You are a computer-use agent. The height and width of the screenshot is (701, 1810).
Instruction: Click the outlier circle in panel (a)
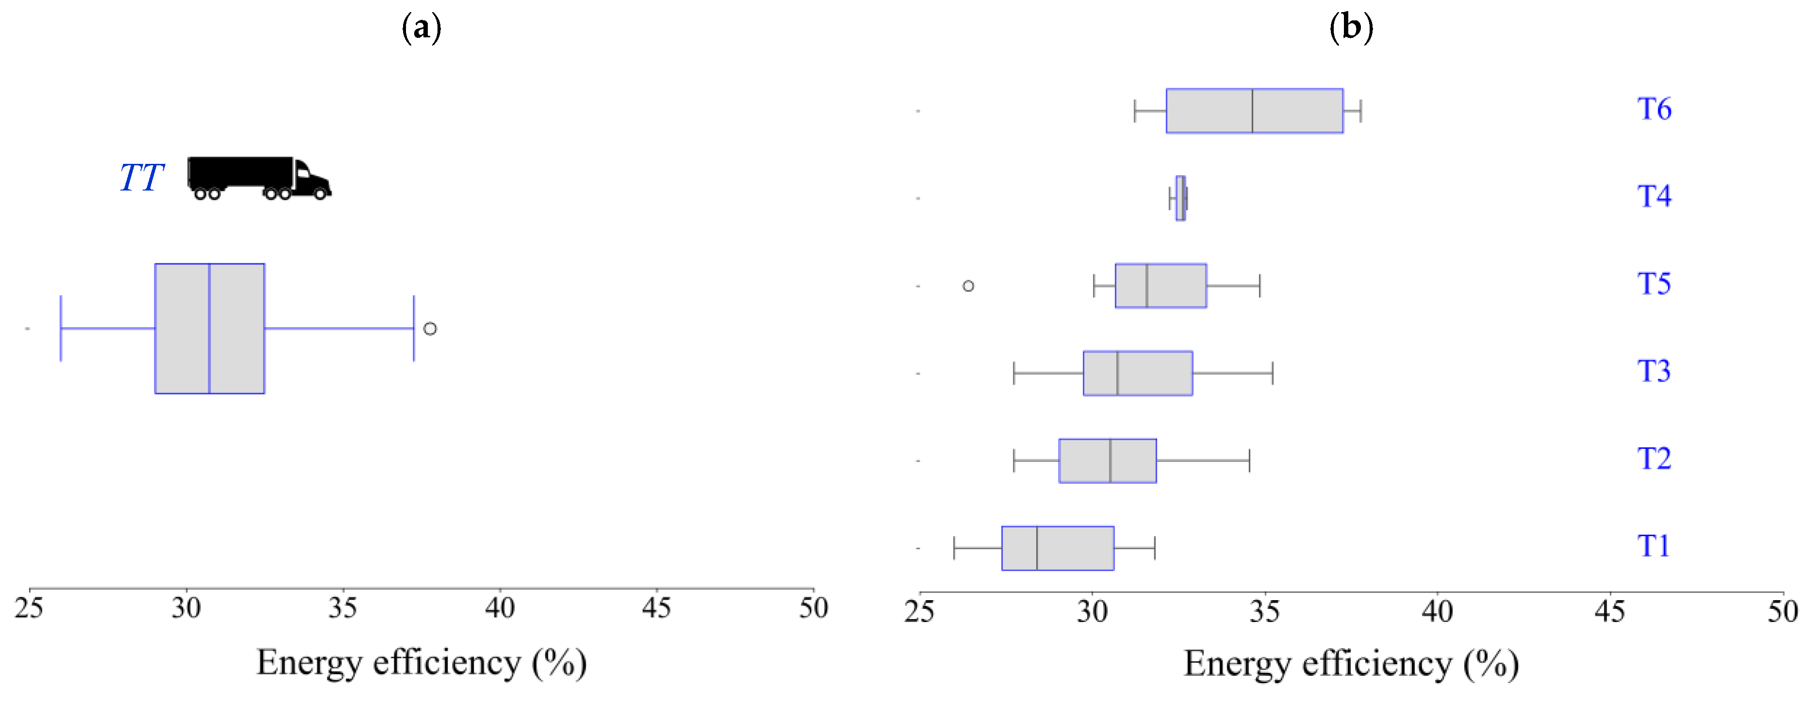tap(430, 328)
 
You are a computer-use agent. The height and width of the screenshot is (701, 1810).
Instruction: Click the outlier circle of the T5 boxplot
tap(968, 286)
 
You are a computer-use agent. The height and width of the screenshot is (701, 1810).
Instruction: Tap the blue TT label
tap(141, 177)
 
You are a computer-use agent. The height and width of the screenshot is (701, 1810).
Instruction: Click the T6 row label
tap(1654, 109)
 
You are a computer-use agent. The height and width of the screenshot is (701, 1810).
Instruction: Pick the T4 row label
tap(1654, 196)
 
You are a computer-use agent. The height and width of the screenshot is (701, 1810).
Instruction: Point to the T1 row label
tap(1654, 545)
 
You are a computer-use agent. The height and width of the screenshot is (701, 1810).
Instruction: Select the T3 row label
tap(1654, 371)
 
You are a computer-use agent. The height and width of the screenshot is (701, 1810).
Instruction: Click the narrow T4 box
tap(1181, 198)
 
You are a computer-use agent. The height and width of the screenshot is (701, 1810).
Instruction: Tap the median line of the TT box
tap(209, 328)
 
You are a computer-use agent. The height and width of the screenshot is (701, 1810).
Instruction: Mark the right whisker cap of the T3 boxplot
tap(1273, 373)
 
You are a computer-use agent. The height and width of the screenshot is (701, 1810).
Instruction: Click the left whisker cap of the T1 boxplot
tap(954, 548)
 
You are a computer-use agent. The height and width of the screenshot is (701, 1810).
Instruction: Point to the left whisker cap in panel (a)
tap(61, 328)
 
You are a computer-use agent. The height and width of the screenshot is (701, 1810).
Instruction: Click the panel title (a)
tap(421, 28)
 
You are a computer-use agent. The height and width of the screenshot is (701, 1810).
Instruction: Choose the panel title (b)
tap(1350, 28)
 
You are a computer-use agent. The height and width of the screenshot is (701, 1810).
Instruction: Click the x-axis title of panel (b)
tap(1350, 664)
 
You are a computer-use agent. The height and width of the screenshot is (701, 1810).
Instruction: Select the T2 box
tap(1108, 461)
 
